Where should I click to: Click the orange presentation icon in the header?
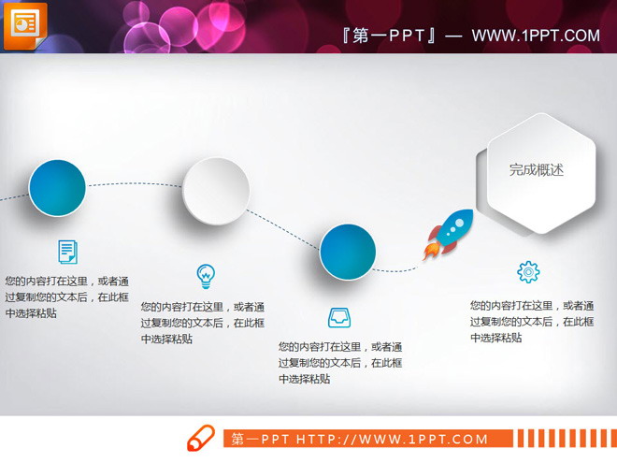point(24,22)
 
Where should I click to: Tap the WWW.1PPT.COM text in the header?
point(535,36)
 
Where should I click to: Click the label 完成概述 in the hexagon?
point(537,170)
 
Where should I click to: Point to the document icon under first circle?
point(67,251)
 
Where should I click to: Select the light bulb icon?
point(206,276)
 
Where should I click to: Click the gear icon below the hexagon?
point(528,272)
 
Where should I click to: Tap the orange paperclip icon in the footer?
point(201,438)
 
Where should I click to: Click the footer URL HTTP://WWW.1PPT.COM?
point(392,439)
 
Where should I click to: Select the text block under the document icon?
point(67,297)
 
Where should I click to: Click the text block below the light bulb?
point(203,323)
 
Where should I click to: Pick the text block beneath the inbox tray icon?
point(340,363)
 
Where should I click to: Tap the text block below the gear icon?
point(531,321)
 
